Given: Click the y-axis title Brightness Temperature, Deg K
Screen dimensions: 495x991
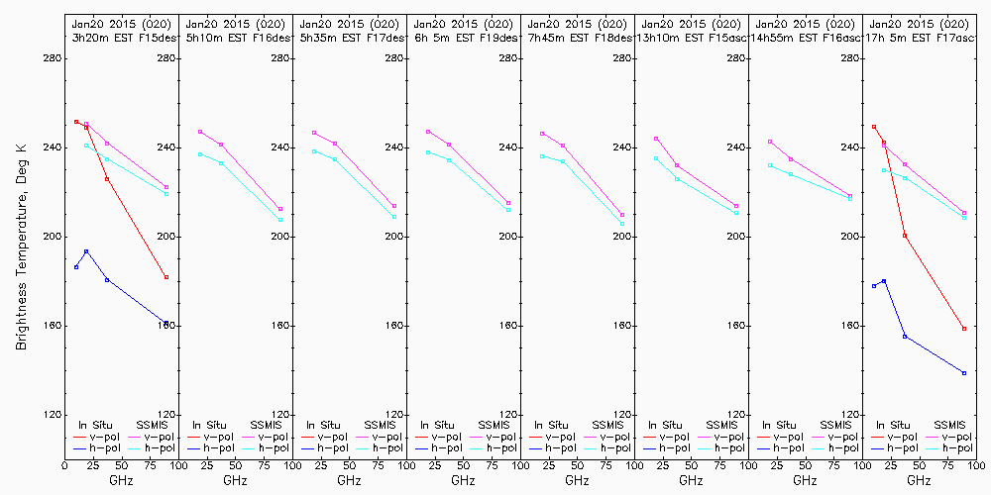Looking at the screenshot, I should coord(20,244).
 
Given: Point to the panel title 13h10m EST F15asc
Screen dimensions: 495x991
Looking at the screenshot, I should coord(693,38).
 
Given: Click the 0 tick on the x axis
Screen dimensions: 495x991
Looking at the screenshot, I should coord(65,464).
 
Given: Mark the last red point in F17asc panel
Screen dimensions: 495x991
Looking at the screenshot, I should coord(964,329).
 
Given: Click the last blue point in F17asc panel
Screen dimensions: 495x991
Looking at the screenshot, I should coord(964,373).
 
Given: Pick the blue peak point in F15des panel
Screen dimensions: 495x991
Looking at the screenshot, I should coord(86,251).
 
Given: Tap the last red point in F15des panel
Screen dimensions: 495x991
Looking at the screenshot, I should coord(166,277).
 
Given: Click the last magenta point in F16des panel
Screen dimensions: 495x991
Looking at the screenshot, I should coord(280,209).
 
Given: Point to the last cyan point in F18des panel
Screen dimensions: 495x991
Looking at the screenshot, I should coord(622,224).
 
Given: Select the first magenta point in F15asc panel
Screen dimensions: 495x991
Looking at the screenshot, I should coord(656,139).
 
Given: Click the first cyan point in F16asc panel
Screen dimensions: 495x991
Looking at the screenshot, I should coord(770,165).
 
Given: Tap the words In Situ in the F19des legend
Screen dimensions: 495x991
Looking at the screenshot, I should coord(437,425).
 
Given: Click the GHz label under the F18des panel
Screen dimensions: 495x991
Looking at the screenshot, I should coord(577,480).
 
